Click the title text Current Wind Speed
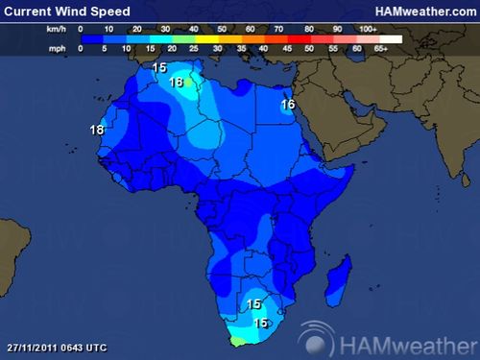(67, 11)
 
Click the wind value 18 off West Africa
(96, 131)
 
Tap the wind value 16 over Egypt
(288, 105)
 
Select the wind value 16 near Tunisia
(176, 83)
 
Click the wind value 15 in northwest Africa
(158, 68)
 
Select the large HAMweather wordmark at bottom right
(403, 339)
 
